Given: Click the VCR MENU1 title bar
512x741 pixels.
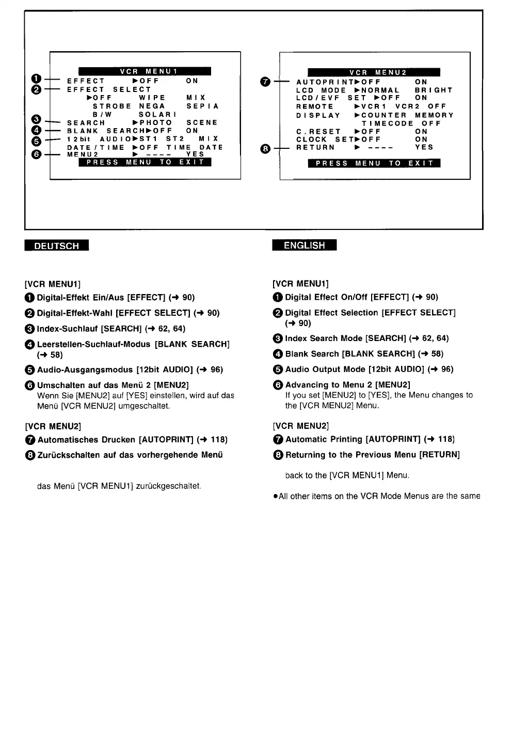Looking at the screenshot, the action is pyautogui.click(x=145, y=71).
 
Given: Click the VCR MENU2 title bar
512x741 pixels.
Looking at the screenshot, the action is pyautogui.click(x=374, y=72).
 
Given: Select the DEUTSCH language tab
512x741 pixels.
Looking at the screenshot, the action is pyautogui.click(x=56, y=245).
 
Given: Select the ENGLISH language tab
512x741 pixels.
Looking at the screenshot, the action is pyautogui.click(x=304, y=245).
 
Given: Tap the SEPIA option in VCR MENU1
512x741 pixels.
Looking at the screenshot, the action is pyautogui.click(x=203, y=106).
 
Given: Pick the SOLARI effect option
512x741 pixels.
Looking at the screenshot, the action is pyautogui.click(x=157, y=114).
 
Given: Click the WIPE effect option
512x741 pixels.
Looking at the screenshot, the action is pyautogui.click(x=152, y=98).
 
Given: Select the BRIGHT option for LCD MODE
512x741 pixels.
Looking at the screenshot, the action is pyautogui.click(x=434, y=90).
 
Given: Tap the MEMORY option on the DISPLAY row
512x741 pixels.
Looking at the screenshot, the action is pyautogui.click(x=434, y=115).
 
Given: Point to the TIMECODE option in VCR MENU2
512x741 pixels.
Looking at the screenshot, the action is pyautogui.click(x=387, y=124).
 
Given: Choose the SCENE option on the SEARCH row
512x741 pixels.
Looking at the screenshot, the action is pyautogui.click(x=202, y=122).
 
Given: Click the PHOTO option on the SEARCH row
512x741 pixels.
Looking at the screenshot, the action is pyautogui.click(x=156, y=122).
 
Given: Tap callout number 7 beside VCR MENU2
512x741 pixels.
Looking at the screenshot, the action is pyautogui.click(x=265, y=82).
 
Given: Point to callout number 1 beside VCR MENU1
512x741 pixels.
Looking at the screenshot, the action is pyautogui.click(x=36, y=79).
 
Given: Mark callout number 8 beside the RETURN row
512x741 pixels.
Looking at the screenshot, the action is pyautogui.click(x=265, y=149).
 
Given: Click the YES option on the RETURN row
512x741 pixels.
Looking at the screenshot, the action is pyautogui.click(x=424, y=147).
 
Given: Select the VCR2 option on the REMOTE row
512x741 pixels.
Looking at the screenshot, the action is pyautogui.click(x=406, y=106).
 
